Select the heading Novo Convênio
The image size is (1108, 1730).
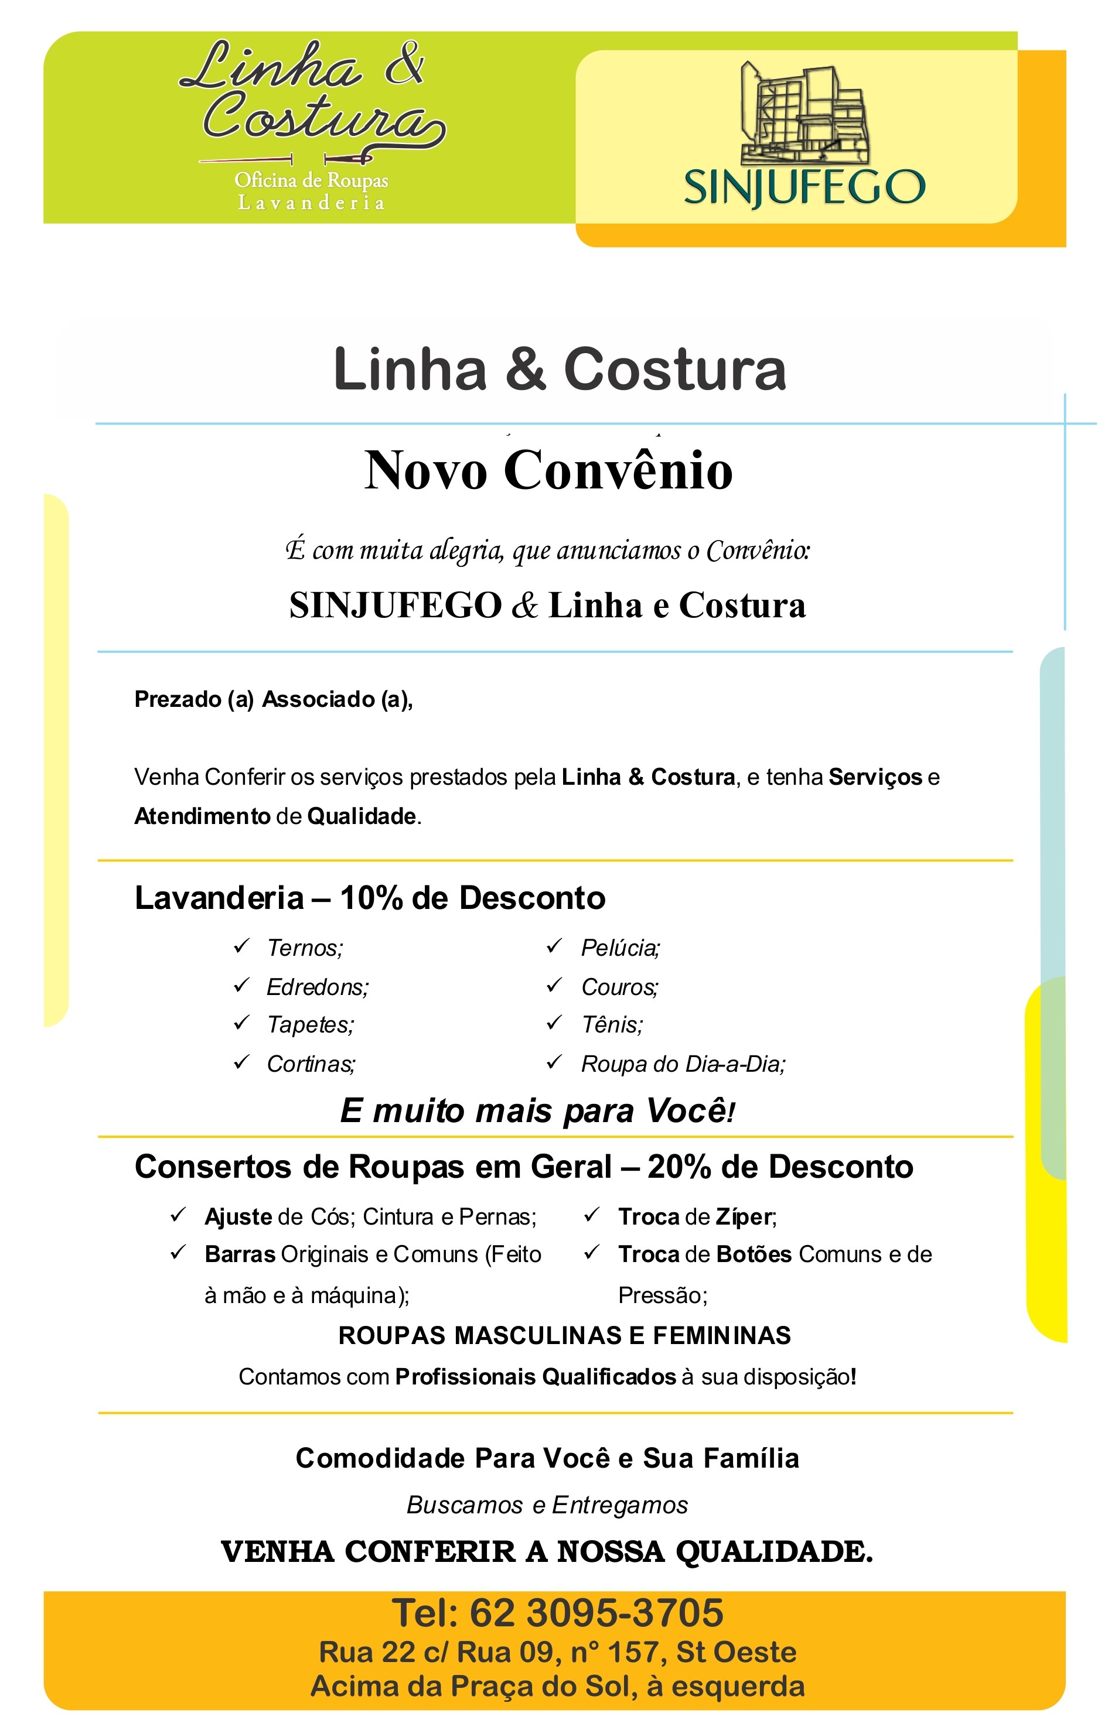(548, 471)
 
